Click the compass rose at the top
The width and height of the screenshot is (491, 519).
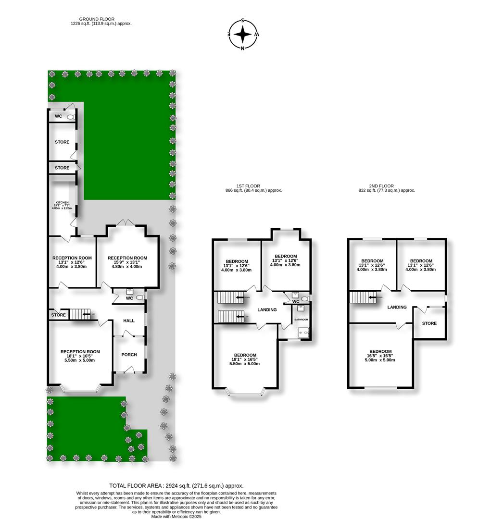(x=243, y=35)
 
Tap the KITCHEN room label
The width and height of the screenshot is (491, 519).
(x=62, y=203)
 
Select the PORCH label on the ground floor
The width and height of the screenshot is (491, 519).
(x=129, y=355)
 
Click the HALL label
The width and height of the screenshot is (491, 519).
(x=129, y=320)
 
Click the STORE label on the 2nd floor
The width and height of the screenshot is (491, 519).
(x=429, y=323)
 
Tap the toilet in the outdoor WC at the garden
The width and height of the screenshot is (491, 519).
(x=71, y=116)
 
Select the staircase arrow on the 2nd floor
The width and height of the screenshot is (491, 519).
(x=371, y=297)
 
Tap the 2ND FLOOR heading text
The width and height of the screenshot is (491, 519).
(x=382, y=186)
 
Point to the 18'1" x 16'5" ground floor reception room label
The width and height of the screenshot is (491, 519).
(x=80, y=356)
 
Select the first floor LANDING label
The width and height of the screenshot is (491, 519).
(x=267, y=310)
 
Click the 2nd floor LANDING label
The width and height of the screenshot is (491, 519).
(x=397, y=307)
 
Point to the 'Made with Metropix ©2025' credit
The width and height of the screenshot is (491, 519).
(x=176, y=516)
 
